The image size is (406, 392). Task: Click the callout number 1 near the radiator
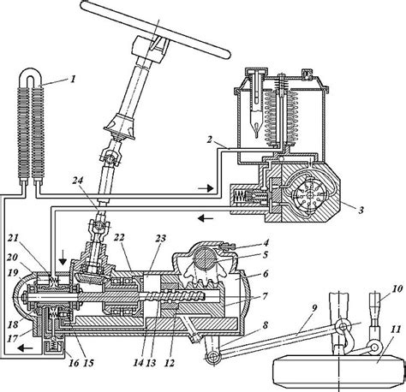(74, 79)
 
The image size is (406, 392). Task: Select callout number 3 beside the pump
(361, 211)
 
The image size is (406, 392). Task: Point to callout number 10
(397, 288)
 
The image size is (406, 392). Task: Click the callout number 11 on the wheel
(396, 330)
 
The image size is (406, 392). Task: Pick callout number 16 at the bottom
(74, 363)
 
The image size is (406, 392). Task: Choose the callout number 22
(120, 237)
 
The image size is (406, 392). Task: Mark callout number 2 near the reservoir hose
(210, 140)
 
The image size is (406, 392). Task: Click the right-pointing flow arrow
(206, 188)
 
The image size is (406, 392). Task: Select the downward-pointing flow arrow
(63, 259)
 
